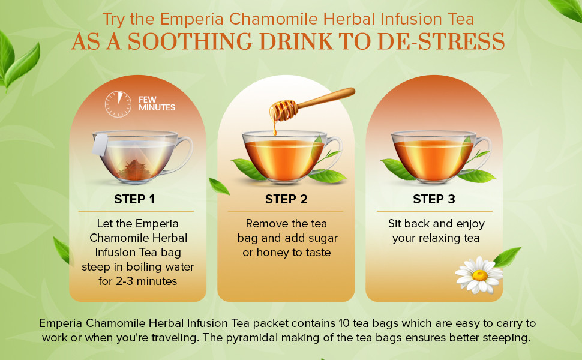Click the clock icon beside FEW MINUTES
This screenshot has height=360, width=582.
tap(118, 104)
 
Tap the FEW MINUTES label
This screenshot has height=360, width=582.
tap(157, 104)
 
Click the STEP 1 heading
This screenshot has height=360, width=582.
tap(134, 199)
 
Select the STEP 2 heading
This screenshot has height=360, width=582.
tap(286, 199)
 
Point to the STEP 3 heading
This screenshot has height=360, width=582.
tap(434, 199)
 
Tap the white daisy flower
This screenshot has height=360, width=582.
tap(479, 275)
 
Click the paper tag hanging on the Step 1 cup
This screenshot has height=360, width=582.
tap(100, 145)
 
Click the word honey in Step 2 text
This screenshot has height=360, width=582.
tap(273, 253)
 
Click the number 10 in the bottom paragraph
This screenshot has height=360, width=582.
tap(344, 323)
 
